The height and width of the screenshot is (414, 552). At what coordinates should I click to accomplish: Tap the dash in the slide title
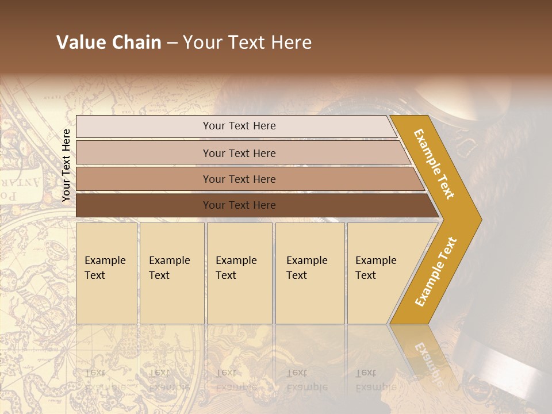pos(172,43)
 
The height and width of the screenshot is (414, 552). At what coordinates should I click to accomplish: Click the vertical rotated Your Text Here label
pos(66,165)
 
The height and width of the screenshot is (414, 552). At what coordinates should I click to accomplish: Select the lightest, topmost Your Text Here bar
pos(239,126)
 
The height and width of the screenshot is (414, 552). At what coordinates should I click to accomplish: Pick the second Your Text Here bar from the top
pos(239,153)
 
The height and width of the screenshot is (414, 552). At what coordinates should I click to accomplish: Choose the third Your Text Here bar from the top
pos(239,179)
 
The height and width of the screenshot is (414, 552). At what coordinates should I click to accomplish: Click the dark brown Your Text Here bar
pos(239,205)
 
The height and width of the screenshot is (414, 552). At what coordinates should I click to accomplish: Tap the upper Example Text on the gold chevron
pos(435,164)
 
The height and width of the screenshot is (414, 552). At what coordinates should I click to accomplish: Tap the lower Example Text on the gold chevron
pos(436,271)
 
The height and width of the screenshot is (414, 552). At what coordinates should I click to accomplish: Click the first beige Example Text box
pos(106,273)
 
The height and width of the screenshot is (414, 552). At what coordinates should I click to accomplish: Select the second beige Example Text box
pos(171,273)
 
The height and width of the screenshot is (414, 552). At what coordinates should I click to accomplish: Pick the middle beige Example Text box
pos(239,273)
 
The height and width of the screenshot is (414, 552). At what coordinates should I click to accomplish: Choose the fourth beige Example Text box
pos(309,273)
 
